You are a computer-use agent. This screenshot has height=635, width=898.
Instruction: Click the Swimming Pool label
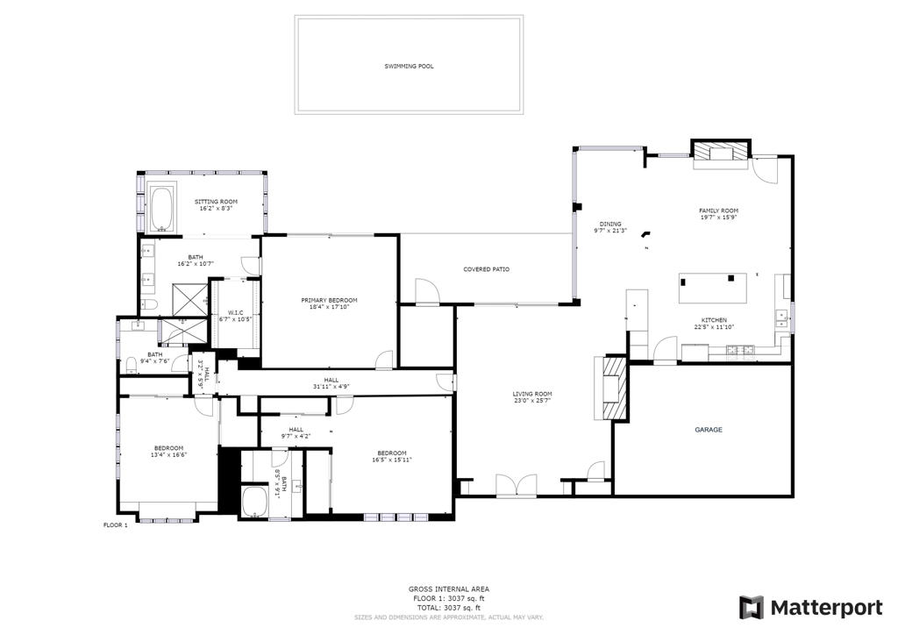point(409,66)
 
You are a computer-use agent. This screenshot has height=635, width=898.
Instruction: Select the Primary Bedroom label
point(329,300)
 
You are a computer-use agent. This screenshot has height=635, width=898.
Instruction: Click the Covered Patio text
point(486,269)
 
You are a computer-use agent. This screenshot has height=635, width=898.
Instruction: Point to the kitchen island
point(713,287)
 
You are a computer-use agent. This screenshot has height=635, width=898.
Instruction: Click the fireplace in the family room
point(722,156)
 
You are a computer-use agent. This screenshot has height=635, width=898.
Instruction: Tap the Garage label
point(709,430)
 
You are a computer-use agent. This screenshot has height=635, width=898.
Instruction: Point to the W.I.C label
point(235,312)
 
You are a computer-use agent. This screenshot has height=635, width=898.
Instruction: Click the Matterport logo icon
point(752,608)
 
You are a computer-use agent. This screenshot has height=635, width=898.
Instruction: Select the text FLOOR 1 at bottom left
point(116,525)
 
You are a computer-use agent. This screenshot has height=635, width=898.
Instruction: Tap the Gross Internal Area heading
point(448,589)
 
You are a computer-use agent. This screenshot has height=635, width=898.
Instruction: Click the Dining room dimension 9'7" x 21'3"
point(610,231)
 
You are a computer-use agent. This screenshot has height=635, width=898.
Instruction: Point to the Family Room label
point(718,210)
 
